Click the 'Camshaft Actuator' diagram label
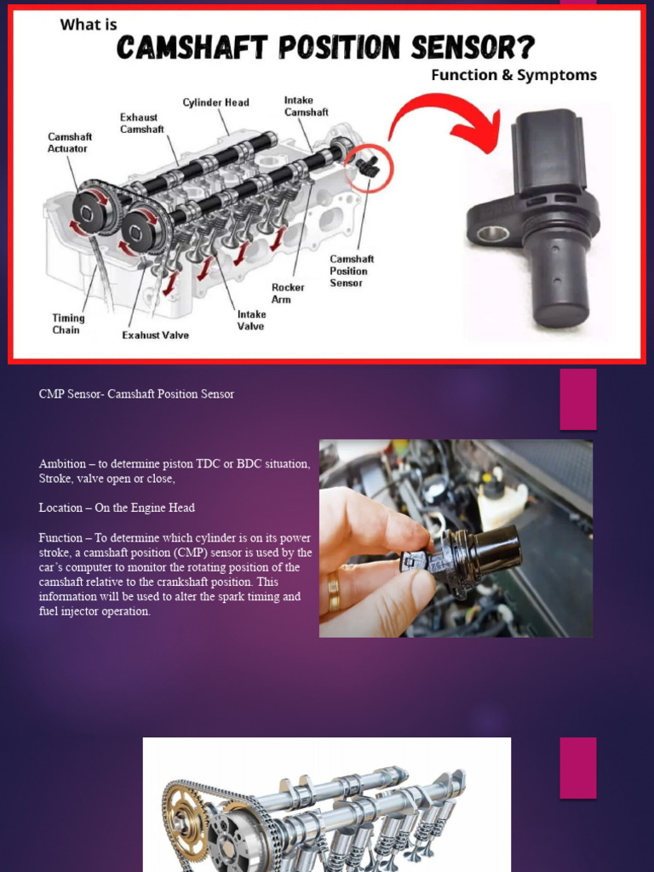coord(70,142)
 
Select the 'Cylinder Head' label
coord(215,103)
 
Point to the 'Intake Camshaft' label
coord(306,106)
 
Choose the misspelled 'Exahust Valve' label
coord(155,336)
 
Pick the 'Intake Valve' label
coord(251,320)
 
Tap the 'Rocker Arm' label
coord(288,294)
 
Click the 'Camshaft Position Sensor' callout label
coord(352,271)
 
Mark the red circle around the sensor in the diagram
coord(369,168)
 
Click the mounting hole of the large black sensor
coord(493,233)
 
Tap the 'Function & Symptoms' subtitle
coord(513,75)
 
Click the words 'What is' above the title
coord(89,25)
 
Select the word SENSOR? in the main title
coord(455,48)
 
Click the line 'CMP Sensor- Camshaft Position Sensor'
coord(136,394)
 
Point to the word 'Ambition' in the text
coord(62,464)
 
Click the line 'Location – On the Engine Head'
coord(117,508)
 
